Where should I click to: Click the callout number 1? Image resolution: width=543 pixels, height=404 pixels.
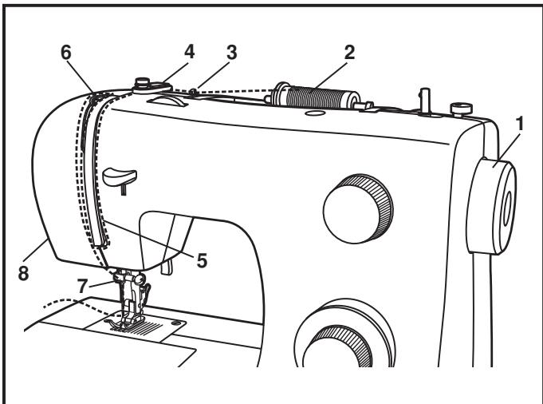coord(519,124)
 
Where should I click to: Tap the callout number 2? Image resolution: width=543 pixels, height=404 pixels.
coord(349,53)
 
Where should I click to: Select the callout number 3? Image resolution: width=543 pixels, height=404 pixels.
coord(232,53)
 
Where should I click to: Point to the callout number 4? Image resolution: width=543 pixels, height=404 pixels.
coord(189,52)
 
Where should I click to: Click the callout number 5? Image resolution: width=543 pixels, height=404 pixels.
coord(202,260)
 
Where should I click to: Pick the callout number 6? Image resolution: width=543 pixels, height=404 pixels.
coord(66,53)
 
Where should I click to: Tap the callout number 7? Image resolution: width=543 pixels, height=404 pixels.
coord(82,286)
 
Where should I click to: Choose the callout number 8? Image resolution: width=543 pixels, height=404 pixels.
coord(23,273)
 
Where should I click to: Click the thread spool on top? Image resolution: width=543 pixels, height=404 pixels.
coord(315,96)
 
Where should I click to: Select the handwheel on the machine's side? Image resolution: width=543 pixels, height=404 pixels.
coord(492,207)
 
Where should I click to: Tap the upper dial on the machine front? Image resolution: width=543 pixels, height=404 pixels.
coord(358,208)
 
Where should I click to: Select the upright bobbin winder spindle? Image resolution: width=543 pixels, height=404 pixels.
coord(425,101)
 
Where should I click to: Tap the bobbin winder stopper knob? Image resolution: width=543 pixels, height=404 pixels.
coord(462,109)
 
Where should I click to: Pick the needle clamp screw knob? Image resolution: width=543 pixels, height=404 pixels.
coord(140,279)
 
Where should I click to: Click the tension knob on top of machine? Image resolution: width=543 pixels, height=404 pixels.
coord(151,85)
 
